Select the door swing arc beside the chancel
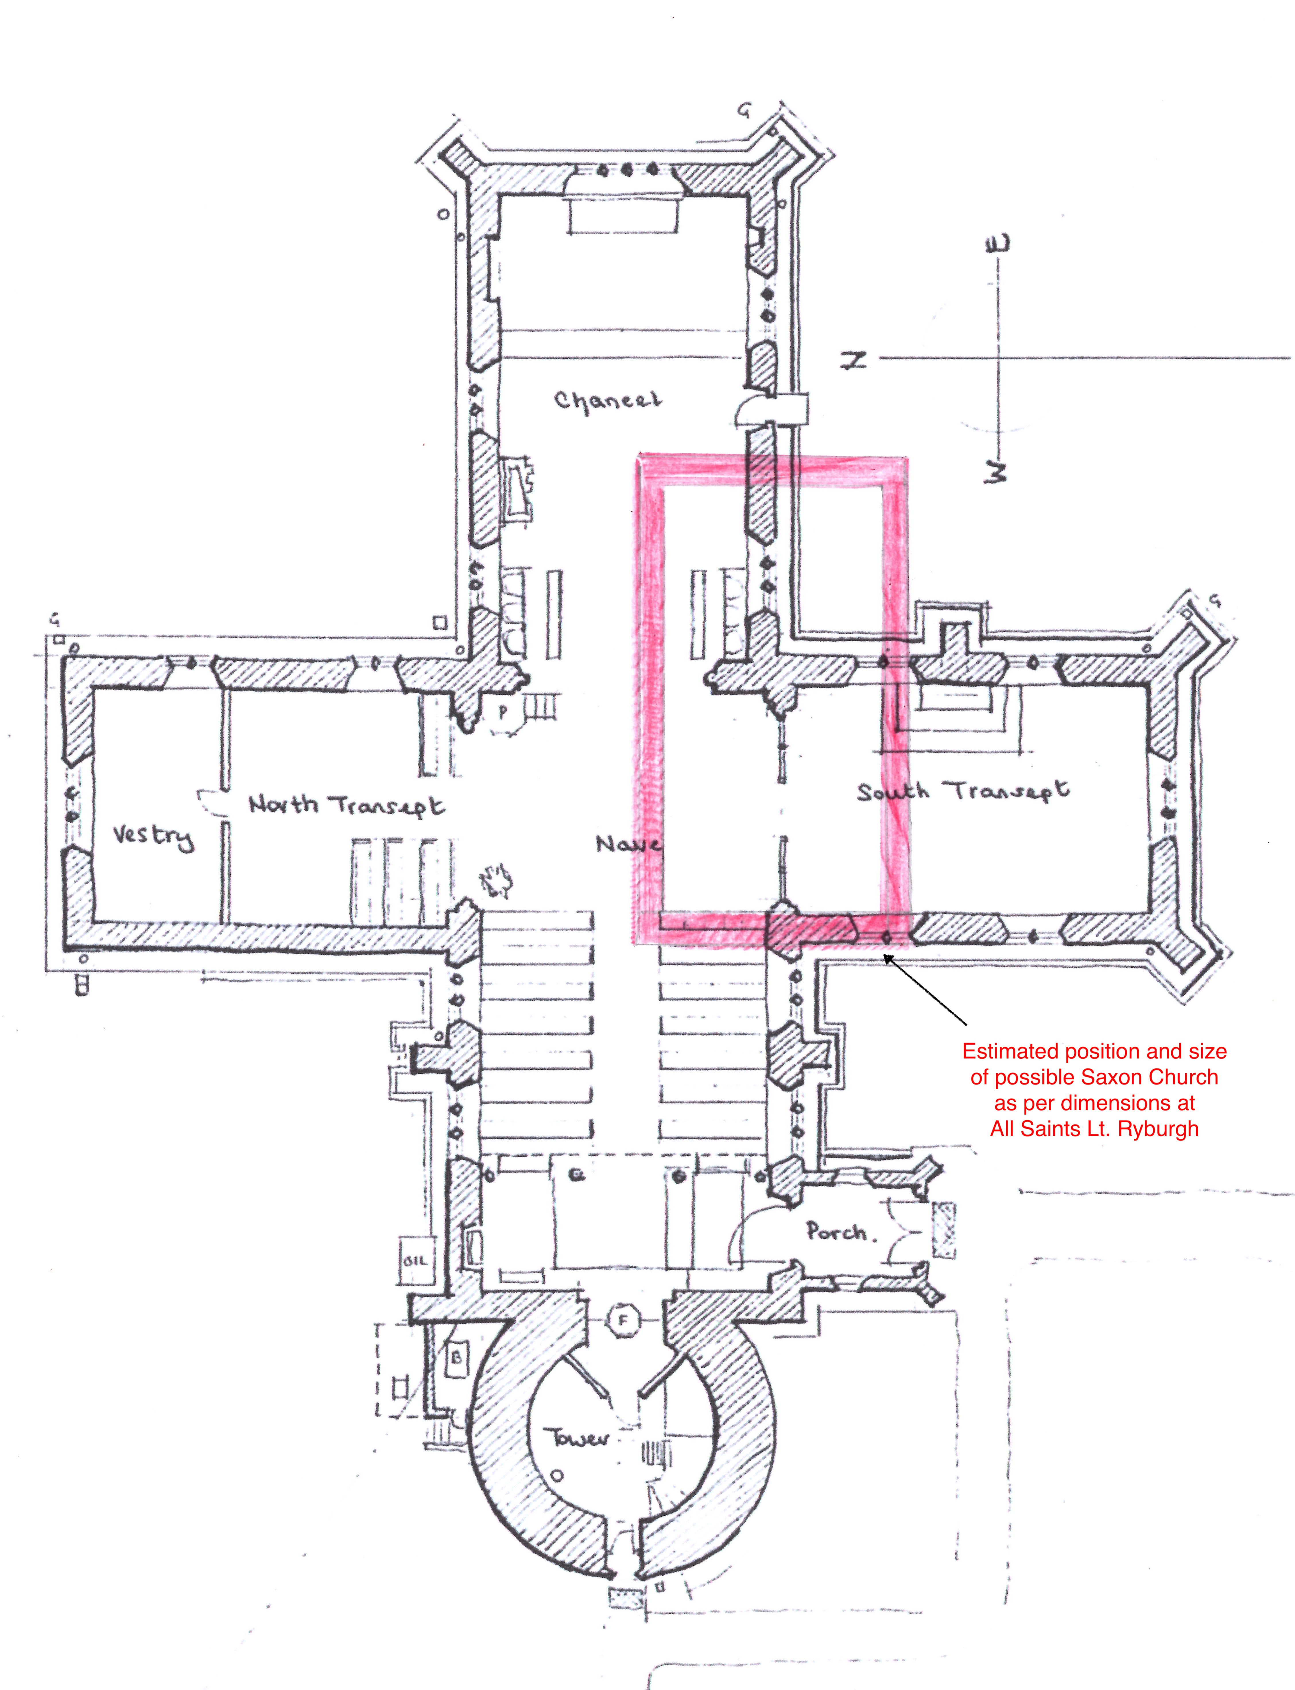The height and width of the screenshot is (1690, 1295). pos(750,409)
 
